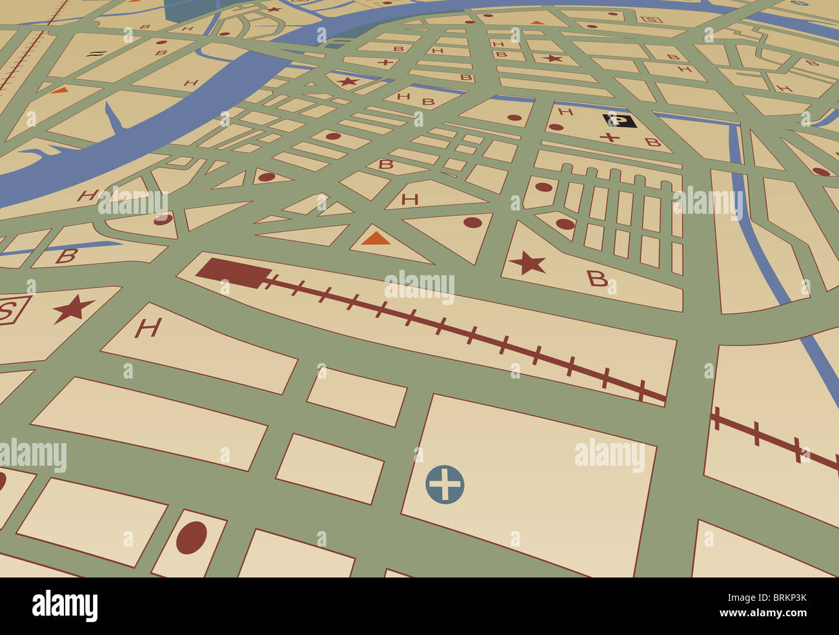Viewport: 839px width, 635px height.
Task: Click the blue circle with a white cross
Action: pos(445,484)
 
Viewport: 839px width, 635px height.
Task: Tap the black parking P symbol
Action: pos(619,121)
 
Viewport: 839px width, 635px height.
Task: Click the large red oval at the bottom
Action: pos(192,537)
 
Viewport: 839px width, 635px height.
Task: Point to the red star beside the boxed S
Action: pos(73,309)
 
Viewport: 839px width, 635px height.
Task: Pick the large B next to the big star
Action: pos(597,278)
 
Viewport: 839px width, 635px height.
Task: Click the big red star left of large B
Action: pos(528,263)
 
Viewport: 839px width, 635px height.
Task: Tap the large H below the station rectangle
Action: pos(147,328)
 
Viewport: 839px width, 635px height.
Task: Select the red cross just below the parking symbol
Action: pos(609,138)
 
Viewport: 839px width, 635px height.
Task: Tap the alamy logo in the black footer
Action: pos(65,606)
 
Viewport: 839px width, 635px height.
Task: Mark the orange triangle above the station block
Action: pos(375,238)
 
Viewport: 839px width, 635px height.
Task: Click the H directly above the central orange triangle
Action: pos(409,199)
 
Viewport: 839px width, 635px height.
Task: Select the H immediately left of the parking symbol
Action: pos(565,112)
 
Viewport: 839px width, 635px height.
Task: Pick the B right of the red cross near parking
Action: pos(652,142)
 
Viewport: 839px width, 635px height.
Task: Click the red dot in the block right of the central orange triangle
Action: pos(472,222)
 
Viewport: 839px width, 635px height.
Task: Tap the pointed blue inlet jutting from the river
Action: pos(114,120)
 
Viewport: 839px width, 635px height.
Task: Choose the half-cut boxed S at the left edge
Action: pos(8,311)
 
